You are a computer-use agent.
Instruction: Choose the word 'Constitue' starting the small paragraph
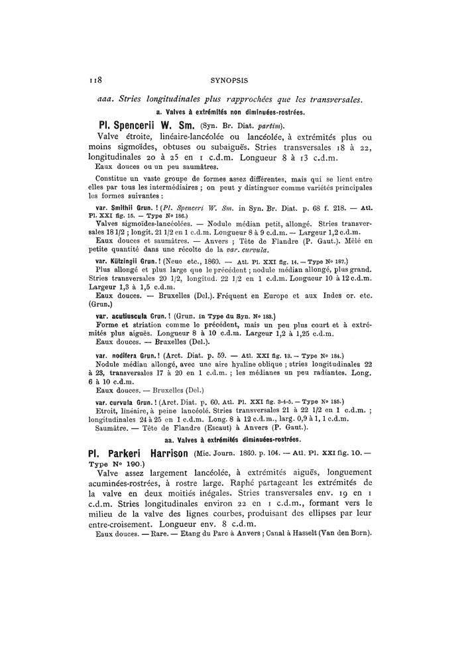tap(113, 179)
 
